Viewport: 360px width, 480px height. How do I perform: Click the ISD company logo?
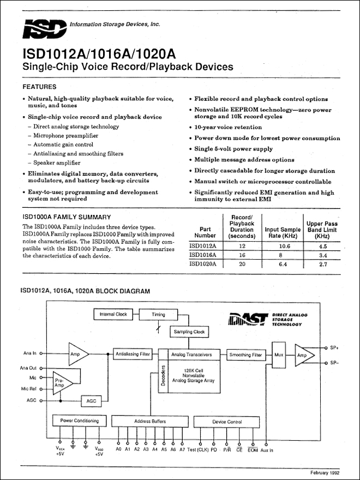pyautogui.click(x=45, y=29)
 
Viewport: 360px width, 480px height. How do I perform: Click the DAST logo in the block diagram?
pyautogui.click(x=248, y=319)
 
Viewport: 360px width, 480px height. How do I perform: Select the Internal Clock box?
pyautogui.click(x=113, y=314)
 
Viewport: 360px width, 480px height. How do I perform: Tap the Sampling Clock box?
pyautogui.click(x=189, y=332)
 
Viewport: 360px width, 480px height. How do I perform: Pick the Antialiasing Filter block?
pyautogui.click(x=133, y=354)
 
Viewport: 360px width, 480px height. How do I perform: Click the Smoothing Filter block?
pyautogui.click(x=246, y=355)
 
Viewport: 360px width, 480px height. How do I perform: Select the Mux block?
pyautogui.click(x=279, y=355)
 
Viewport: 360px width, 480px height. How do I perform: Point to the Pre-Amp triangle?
pyautogui.click(x=63, y=383)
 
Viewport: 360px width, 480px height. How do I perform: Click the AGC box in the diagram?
pyautogui.click(x=91, y=401)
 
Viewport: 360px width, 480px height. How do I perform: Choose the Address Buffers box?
pyautogui.click(x=150, y=421)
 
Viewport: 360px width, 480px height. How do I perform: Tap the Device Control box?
pyautogui.click(x=227, y=422)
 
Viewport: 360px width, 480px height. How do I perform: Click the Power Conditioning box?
pyautogui.click(x=80, y=421)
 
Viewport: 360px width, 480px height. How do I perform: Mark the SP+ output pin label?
pyautogui.click(x=334, y=348)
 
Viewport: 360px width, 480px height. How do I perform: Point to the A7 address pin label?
pyautogui.click(x=182, y=449)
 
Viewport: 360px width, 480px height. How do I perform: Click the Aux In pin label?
pyautogui.click(x=267, y=450)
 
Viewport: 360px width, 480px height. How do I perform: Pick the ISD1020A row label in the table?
pyautogui.click(x=203, y=264)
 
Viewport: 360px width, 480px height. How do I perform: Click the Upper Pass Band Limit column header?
pyautogui.click(x=322, y=230)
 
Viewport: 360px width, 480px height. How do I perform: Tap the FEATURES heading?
pyautogui.click(x=39, y=87)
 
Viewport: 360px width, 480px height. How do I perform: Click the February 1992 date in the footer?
pyautogui.click(x=325, y=473)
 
